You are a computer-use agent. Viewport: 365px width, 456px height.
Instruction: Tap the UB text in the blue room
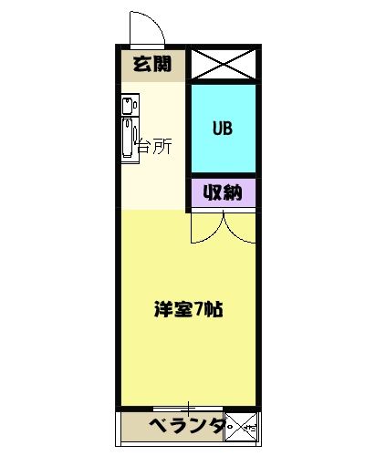point(223,128)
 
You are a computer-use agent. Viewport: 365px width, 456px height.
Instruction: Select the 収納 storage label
point(223,192)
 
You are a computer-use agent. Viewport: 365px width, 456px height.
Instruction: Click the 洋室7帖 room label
point(188,308)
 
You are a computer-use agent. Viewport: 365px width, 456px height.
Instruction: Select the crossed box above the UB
point(223,65)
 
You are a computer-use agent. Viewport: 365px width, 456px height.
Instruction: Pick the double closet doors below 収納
point(223,226)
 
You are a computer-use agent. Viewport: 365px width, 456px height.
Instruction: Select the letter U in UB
point(217,128)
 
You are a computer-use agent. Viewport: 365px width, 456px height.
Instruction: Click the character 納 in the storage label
point(234,192)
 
